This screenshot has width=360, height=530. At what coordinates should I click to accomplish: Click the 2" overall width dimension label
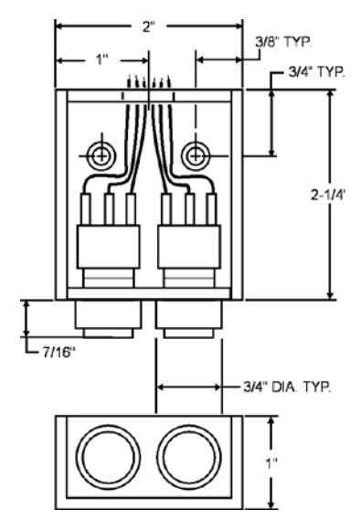[x=148, y=26]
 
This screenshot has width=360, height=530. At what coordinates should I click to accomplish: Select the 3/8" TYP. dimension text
[x=283, y=42]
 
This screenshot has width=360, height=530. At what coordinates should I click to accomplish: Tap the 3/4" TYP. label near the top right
[x=317, y=72]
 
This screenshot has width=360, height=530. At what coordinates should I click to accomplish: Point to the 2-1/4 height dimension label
[x=327, y=195]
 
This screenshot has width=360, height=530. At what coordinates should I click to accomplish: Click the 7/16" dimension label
[x=58, y=353]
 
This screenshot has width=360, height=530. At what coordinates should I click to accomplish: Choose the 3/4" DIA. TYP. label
[x=287, y=387]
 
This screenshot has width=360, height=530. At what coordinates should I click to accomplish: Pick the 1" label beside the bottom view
[x=270, y=464]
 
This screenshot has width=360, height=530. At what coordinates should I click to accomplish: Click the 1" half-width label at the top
[x=101, y=60]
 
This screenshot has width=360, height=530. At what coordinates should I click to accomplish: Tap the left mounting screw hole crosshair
[x=101, y=156]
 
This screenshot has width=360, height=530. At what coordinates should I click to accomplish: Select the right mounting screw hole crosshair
[x=196, y=156]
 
